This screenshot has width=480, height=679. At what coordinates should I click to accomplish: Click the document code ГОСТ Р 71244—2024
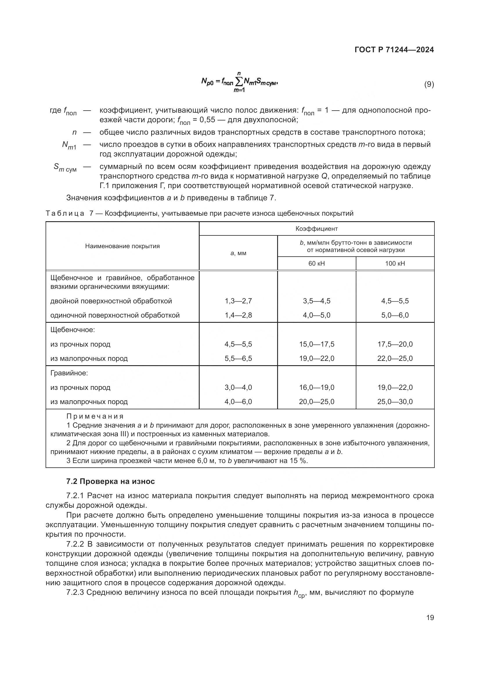394,50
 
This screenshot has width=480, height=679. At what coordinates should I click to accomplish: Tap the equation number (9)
429,84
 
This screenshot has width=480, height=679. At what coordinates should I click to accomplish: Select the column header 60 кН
317,264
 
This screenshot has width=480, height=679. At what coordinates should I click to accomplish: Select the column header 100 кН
395,264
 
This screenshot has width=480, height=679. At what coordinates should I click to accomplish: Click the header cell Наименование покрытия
122,246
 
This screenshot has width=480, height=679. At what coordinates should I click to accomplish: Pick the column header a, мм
238,253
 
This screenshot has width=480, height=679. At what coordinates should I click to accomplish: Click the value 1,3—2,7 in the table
238,301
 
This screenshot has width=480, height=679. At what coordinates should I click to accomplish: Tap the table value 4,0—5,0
317,315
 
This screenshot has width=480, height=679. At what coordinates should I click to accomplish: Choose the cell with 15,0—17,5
317,344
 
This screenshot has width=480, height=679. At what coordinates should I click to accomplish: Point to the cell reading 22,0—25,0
395,359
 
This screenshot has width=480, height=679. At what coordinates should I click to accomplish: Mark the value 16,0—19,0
317,388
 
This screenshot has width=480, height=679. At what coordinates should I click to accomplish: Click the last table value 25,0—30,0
395,401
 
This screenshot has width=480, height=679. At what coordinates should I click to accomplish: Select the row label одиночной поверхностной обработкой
115,315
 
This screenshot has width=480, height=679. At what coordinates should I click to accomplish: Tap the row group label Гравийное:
69,373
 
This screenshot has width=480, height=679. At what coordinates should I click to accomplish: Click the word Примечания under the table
95,416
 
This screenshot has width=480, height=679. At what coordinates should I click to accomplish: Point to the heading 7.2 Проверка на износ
110,481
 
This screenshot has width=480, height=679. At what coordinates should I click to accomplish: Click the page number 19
430,617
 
